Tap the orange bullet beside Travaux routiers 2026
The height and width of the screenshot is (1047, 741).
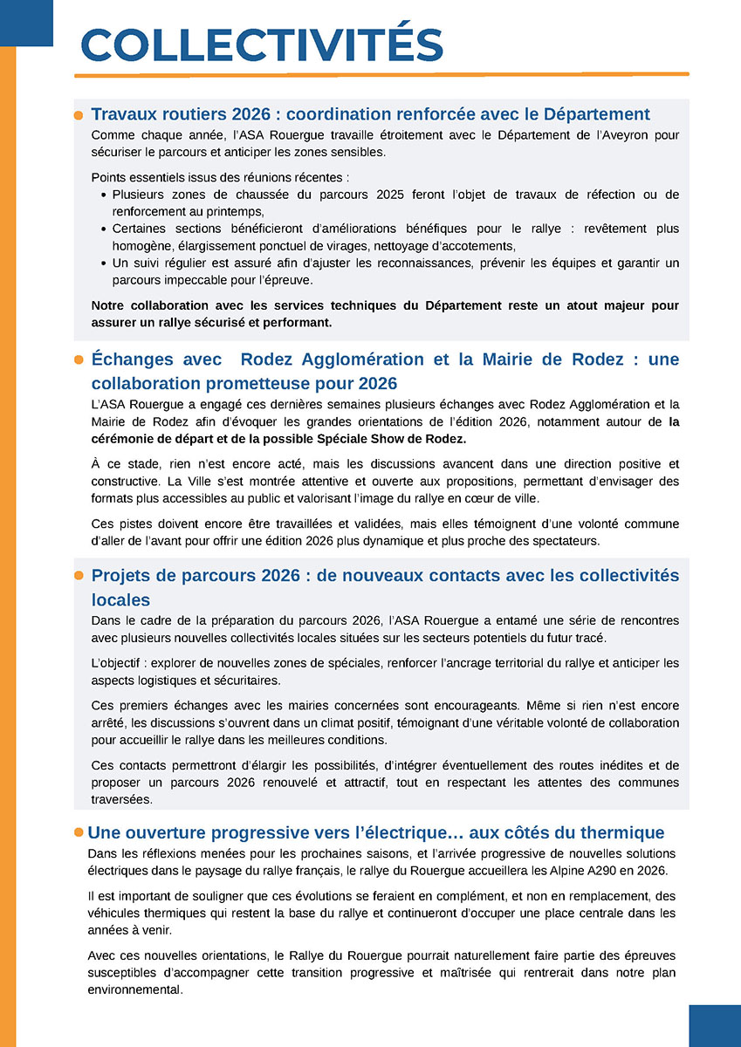[x=79, y=115]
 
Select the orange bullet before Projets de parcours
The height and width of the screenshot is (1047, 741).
[x=79, y=576]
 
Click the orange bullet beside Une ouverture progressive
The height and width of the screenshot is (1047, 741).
[x=79, y=832]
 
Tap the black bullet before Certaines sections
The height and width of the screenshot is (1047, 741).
[x=104, y=229]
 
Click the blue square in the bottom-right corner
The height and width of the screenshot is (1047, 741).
[x=714, y=1025]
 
